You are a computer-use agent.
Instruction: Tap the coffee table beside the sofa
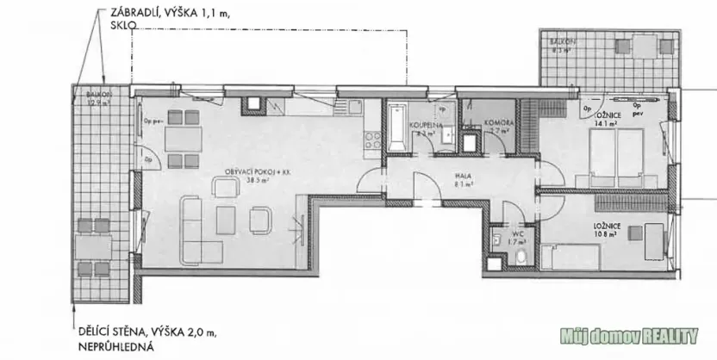[x=226, y=218]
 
